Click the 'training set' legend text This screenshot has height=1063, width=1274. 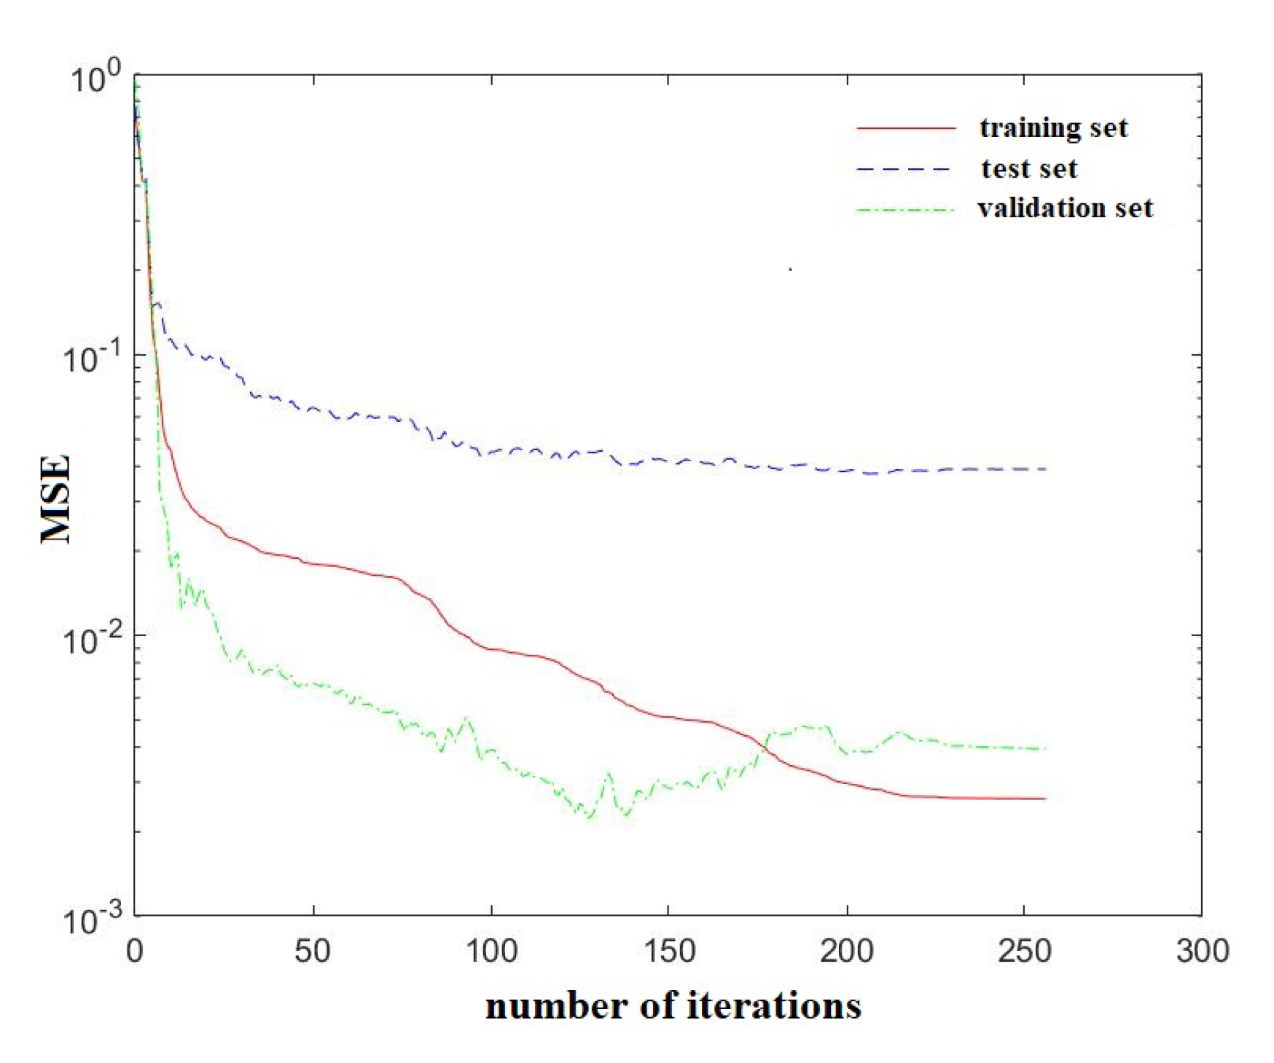point(1053,128)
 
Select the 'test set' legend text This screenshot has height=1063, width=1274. point(1028,169)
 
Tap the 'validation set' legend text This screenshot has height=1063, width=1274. point(1065,209)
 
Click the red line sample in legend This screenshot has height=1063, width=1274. point(906,128)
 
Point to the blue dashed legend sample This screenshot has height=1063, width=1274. point(904,169)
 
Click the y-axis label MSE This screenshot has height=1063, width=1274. point(56,499)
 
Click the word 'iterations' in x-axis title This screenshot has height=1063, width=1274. point(774,1006)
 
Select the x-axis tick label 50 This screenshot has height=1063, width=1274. point(313,952)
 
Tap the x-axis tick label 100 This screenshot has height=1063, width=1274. point(491,952)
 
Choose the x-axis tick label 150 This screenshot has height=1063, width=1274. point(668,952)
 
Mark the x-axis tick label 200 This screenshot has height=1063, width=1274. point(846,952)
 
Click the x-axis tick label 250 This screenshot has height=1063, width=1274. point(1024,952)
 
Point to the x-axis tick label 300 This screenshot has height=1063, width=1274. point(1202,952)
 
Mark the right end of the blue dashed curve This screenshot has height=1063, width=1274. point(1046,469)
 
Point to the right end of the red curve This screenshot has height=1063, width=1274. point(1044,799)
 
